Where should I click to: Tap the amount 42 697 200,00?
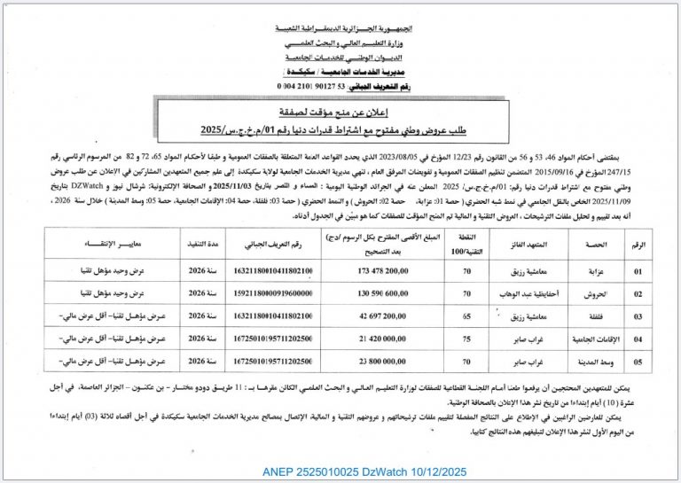377,315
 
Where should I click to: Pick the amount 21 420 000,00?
377,339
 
